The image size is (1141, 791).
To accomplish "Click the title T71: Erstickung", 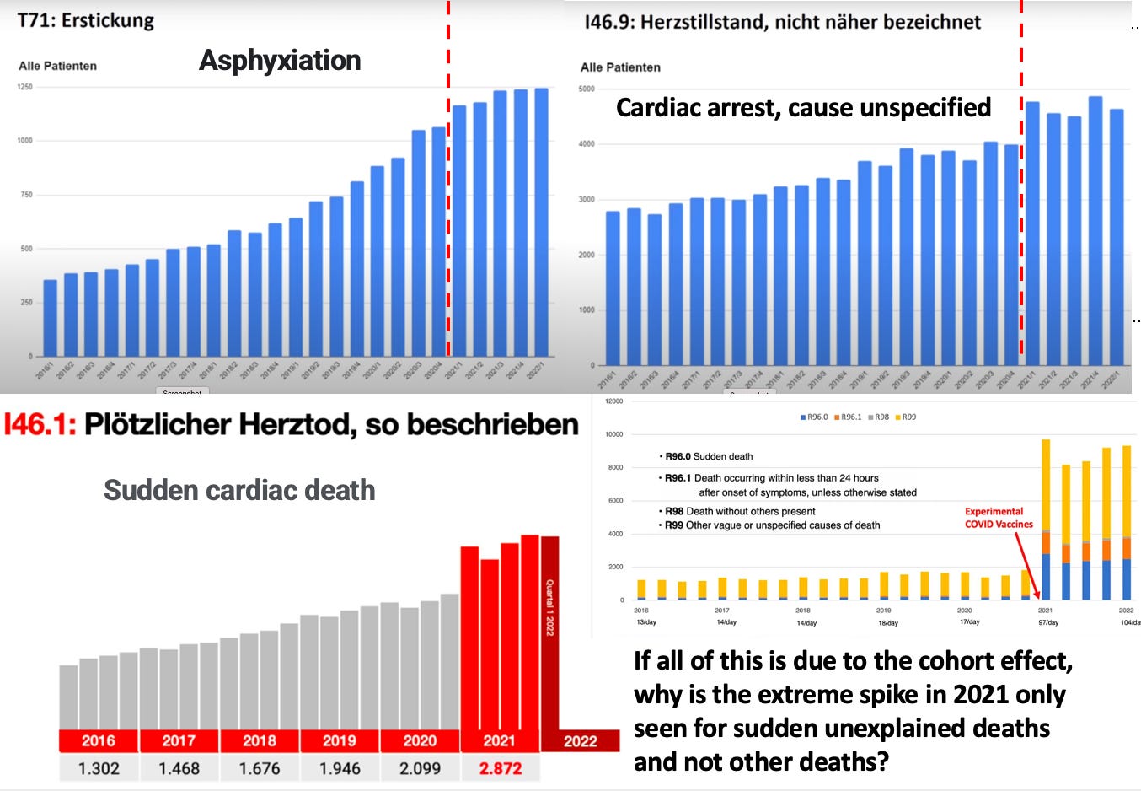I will pyautogui.click(x=86, y=20).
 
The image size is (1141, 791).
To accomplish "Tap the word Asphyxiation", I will pyautogui.click(x=280, y=61).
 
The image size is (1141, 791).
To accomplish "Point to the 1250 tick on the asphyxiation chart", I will pyautogui.click(x=25, y=87).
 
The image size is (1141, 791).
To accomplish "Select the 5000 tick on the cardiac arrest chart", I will pyautogui.click(x=586, y=89).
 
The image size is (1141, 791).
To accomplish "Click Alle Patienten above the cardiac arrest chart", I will pyautogui.click(x=620, y=67).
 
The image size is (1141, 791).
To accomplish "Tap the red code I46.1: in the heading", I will pyautogui.click(x=40, y=424).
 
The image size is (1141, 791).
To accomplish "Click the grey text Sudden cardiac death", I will pyautogui.click(x=239, y=490).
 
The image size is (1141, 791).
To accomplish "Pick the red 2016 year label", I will pyautogui.click(x=98, y=740).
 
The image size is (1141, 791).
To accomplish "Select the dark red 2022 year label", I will pyautogui.click(x=580, y=741).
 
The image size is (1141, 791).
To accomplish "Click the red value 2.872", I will pyautogui.click(x=501, y=768).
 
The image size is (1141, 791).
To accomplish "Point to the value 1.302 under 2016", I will pyautogui.click(x=99, y=768).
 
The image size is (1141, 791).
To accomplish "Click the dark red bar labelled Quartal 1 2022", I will pyautogui.click(x=549, y=632).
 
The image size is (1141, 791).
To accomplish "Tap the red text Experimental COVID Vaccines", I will pyautogui.click(x=999, y=518).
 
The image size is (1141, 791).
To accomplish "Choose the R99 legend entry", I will pyautogui.click(x=906, y=417).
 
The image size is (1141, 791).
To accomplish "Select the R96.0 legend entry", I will pyautogui.click(x=814, y=417).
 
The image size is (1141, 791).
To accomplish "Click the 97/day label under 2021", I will pyautogui.click(x=1048, y=622).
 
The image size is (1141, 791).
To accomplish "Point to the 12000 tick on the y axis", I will pyautogui.click(x=613, y=401).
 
